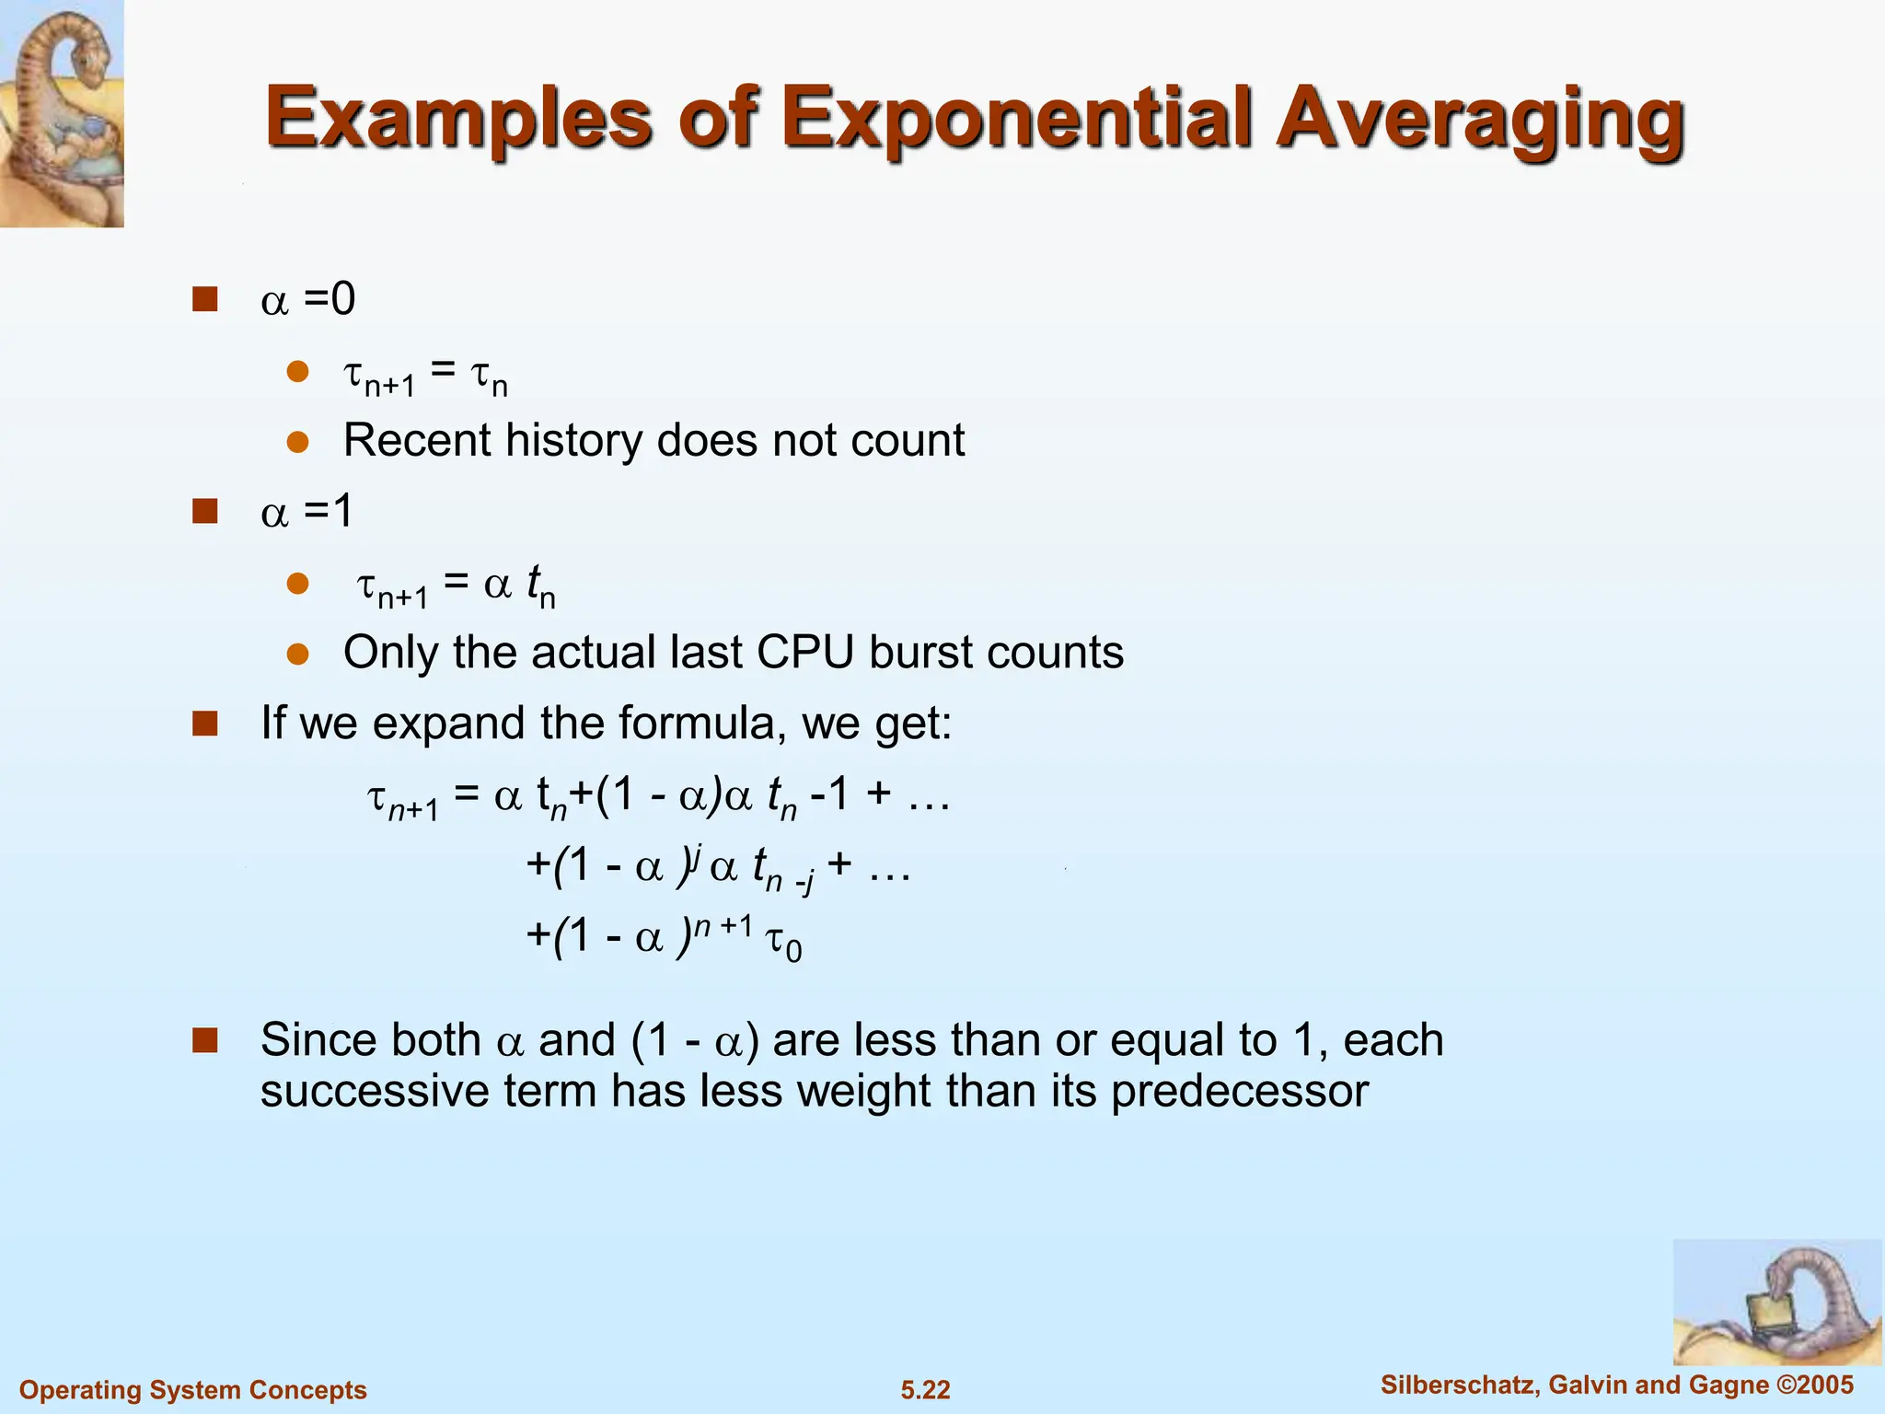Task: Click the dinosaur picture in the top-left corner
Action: click(x=61, y=112)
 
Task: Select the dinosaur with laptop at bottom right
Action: click(x=1776, y=1302)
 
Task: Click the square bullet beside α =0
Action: click(x=204, y=299)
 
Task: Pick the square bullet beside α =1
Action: click(x=204, y=511)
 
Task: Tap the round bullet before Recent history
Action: click(x=297, y=442)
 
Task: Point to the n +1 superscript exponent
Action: click(x=723, y=924)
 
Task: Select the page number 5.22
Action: click(x=925, y=1389)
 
